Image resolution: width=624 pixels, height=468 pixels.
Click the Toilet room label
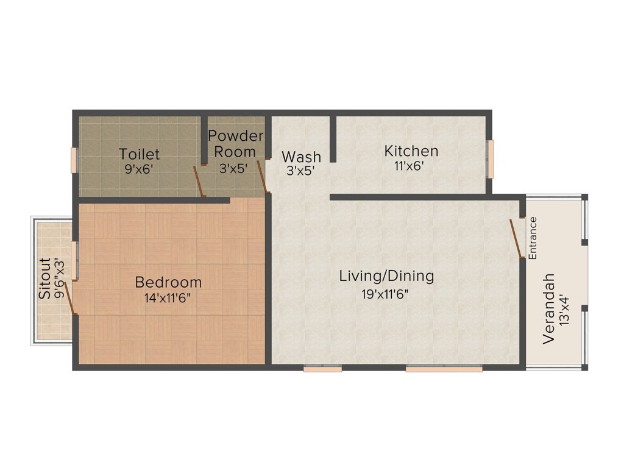pos(140,154)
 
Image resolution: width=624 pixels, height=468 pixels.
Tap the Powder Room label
pos(235,143)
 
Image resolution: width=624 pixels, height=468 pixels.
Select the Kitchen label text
pos(411,151)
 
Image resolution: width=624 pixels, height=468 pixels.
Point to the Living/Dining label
pos(386,276)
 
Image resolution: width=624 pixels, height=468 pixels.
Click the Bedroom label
pos(168,282)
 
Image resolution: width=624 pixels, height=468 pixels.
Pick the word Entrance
pos(533,238)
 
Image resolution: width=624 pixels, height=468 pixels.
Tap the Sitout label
pos(45,278)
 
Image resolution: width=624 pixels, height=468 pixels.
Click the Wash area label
pos(301,157)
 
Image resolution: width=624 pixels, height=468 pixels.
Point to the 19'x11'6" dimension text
pos(385,294)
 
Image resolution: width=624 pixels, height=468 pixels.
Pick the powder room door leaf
pos(263,177)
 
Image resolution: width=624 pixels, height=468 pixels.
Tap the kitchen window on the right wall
pos(489,158)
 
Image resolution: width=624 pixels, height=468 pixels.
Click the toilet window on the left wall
pos(76,160)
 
